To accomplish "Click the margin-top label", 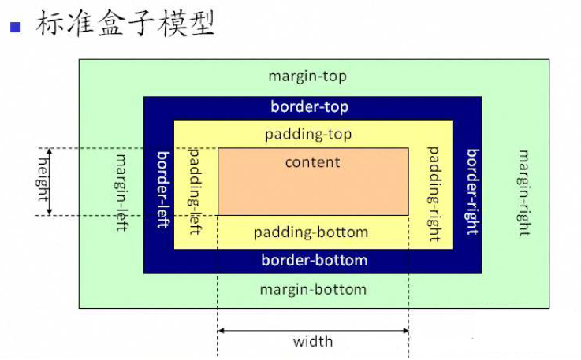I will point(307,76).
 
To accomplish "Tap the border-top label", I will point(309,106).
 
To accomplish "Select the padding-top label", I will point(308,134).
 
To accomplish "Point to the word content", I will point(312,162).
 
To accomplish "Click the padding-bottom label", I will point(311,232).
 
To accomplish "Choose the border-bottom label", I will point(314,260).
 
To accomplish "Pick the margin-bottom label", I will point(313,289).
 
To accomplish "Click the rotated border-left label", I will point(163,189).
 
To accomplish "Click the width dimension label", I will point(313,341).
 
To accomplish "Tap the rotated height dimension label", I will point(43,180).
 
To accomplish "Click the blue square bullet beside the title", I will point(15,27).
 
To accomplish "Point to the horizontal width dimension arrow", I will point(313,330).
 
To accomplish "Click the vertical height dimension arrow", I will point(50,181).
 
